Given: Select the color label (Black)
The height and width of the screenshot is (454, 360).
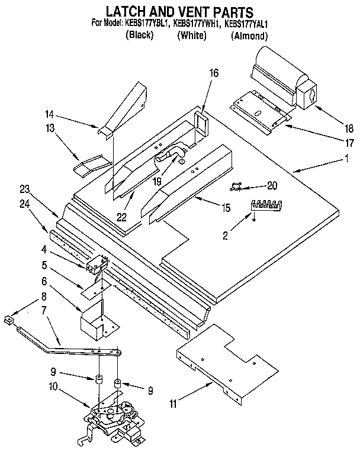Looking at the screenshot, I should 140,36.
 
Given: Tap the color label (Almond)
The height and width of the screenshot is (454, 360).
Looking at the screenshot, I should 249,36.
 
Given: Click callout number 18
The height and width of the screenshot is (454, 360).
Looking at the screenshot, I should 349,127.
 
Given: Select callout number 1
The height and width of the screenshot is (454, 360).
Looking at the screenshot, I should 346,158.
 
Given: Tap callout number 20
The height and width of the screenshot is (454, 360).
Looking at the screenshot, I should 272,185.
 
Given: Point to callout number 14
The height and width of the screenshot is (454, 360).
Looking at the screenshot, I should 49,114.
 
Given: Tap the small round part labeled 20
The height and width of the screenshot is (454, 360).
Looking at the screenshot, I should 237,186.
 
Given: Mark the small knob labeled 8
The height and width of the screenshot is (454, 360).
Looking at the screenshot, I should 8,321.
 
